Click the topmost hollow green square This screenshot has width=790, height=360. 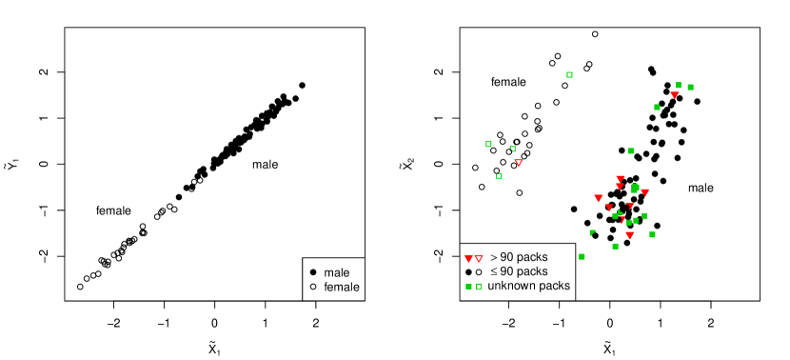pyautogui.click(x=569, y=74)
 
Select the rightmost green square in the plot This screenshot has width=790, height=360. pyautogui.click(x=690, y=87)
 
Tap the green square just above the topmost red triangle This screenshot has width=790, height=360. pyautogui.click(x=679, y=85)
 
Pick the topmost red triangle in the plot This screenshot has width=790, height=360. pyautogui.click(x=675, y=94)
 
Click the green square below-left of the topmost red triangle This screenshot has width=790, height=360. pyautogui.click(x=657, y=107)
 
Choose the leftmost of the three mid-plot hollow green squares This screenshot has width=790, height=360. pyautogui.click(x=488, y=144)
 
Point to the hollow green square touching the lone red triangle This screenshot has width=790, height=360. pyautogui.click(x=512, y=149)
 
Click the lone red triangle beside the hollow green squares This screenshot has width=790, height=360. pyautogui.click(x=519, y=163)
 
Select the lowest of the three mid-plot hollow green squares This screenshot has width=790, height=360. pyautogui.click(x=499, y=175)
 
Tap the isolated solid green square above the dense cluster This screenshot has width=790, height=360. pyautogui.click(x=630, y=150)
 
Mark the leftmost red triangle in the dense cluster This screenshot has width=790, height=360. pyautogui.click(x=598, y=198)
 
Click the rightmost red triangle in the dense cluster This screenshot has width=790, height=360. pyautogui.click(x=644, y=192)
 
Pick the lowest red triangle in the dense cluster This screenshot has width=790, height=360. pyautogui.click(x=629, y=235)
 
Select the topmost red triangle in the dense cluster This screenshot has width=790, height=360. pyautogui.click(x=620, y=178)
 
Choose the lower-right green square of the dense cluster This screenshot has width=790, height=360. pyautogui.click(x=652, y=233)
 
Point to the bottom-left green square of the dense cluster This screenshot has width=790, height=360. pyautogui.click(x=582, y=256)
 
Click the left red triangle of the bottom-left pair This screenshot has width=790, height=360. pyautogui.click(x=468, y=258)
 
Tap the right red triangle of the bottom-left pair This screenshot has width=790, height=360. pyautogui.click(x=479, y=258)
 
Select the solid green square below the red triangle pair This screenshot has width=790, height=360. pyautogui.click(x=468, y=286)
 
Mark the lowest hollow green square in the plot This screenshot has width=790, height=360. pyautogui.click(x=479, y=286)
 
